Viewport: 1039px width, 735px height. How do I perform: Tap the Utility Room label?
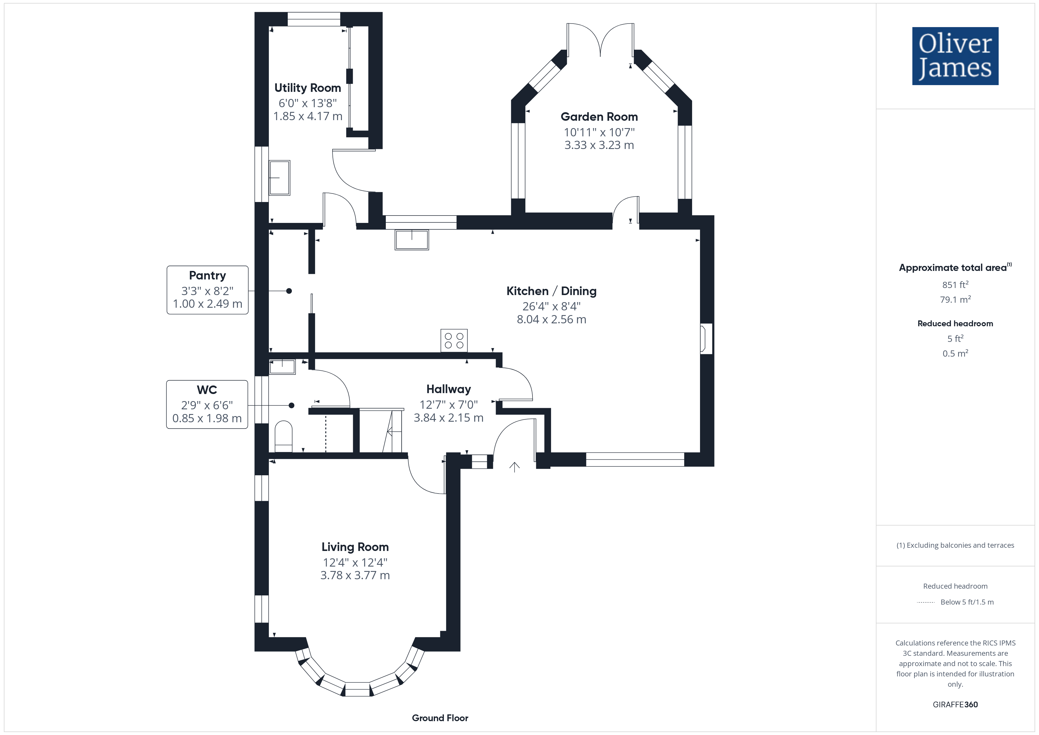point(308,88)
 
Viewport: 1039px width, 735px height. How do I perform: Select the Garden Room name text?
point(599,117)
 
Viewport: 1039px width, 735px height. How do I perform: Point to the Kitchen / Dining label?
point(551,291)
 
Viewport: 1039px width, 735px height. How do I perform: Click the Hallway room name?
point(449,389)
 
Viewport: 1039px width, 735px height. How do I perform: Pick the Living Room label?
point(355,547)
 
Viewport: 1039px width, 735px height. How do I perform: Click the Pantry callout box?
point(208,290)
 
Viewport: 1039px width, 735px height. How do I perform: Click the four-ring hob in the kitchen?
point(454,340)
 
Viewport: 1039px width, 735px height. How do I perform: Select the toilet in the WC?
point(284,436)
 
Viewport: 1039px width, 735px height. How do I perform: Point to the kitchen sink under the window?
point(412,239)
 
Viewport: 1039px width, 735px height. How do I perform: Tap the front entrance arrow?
point(514,467)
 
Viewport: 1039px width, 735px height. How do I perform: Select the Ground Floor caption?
point(440,718)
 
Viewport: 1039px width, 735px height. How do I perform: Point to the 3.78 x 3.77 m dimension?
point(355,575)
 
